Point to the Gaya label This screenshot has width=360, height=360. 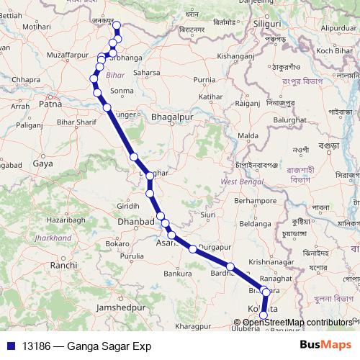[x=42, y=164]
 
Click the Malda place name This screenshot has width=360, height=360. [x=248, y=135]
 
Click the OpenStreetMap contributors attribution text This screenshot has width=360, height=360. [x=298, y=323]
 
